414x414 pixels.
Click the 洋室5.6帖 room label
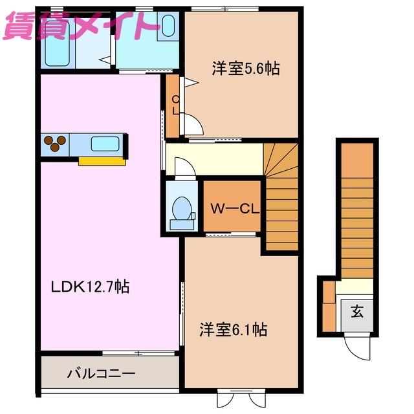[x=245, y=69]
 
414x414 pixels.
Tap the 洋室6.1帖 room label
[x=233, y=330]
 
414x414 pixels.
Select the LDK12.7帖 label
[x=91, y=286]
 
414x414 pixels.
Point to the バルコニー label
[x=101, y=373]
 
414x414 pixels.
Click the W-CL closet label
[x=233, y=208]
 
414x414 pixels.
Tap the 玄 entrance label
[x=356, y=312]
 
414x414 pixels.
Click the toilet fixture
[x=182, y=211]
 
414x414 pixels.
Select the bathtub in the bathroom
[x=58, y=49]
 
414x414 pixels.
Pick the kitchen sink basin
[x=103, y=144]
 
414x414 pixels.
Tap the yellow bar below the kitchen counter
[x=102, y=161]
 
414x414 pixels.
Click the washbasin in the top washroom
[x=168, y=26]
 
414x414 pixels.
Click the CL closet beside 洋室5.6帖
[x=173, y=105]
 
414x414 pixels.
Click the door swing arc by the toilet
[x=184, y=168]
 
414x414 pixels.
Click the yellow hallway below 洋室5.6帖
[x=213, y=158]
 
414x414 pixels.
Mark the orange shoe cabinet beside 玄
[x=329, y=308]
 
